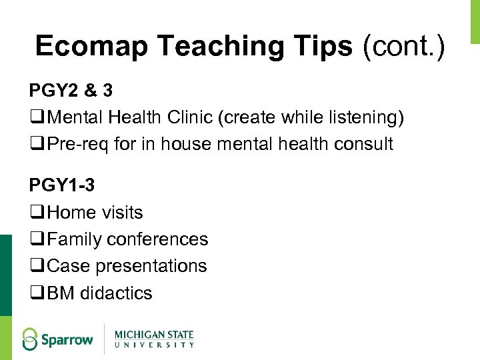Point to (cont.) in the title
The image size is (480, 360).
tap(403, 46)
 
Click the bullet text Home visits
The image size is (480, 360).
tap(95, 213)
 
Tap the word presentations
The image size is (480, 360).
tap(151, 266)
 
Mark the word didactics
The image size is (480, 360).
tap(115, 293)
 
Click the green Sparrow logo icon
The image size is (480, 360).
tap(30, 339)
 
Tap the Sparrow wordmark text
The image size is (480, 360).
tap(68, 339)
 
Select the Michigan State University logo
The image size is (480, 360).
tap(154, 339)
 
